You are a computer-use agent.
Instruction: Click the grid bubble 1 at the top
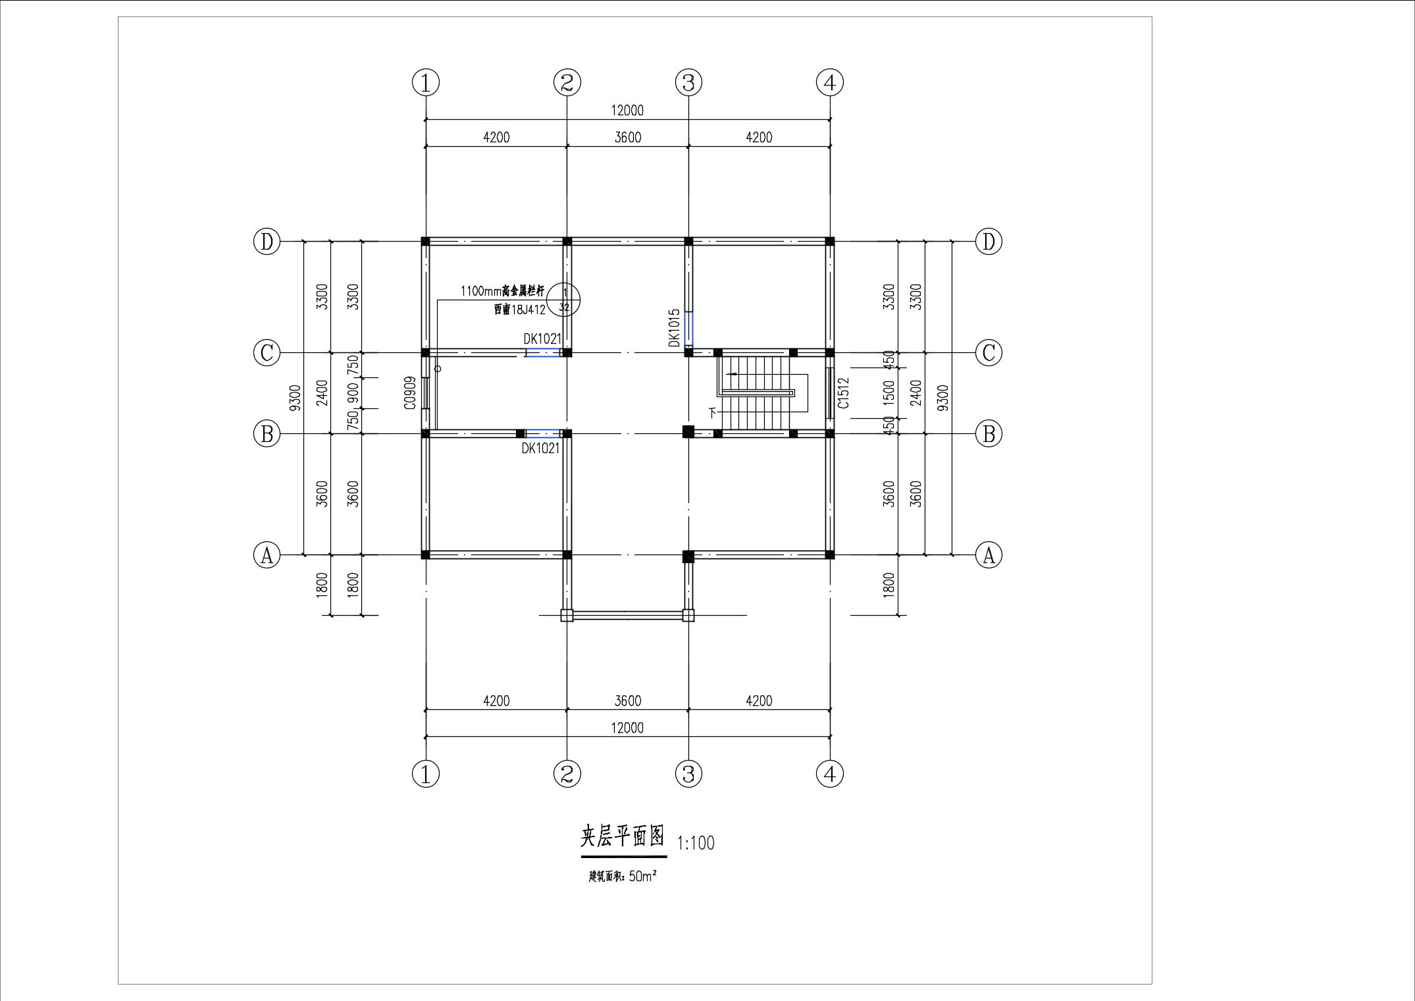point(426,82)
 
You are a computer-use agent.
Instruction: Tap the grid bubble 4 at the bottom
point(829,773)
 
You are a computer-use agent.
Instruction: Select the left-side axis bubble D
point(267,242)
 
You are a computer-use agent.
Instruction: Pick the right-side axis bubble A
point(988,555)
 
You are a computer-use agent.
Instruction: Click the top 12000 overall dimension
point(627,111)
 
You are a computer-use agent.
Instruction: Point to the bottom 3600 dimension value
point(627,701)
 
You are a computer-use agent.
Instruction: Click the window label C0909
point(410,393)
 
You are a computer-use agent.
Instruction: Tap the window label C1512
point(844,393)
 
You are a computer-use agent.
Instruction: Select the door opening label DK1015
point(674,328)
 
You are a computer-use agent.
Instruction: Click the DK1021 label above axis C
point(542,339)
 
